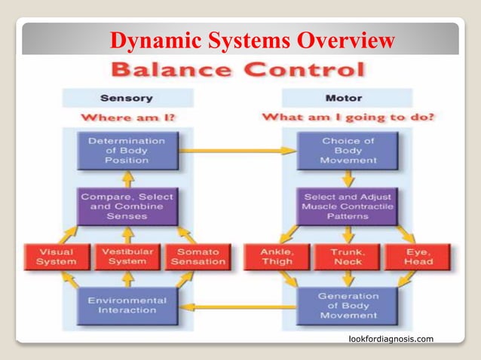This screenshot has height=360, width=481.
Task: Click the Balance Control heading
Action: (238, 72)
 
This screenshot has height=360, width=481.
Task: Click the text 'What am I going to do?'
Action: (348, 117)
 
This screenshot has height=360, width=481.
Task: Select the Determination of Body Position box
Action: (127, 150)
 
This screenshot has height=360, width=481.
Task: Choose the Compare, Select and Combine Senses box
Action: (127, 206)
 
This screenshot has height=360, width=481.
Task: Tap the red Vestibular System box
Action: (127, 257)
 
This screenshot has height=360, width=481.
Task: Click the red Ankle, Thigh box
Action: (275, 257)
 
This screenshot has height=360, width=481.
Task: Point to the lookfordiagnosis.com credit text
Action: (391, 339)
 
